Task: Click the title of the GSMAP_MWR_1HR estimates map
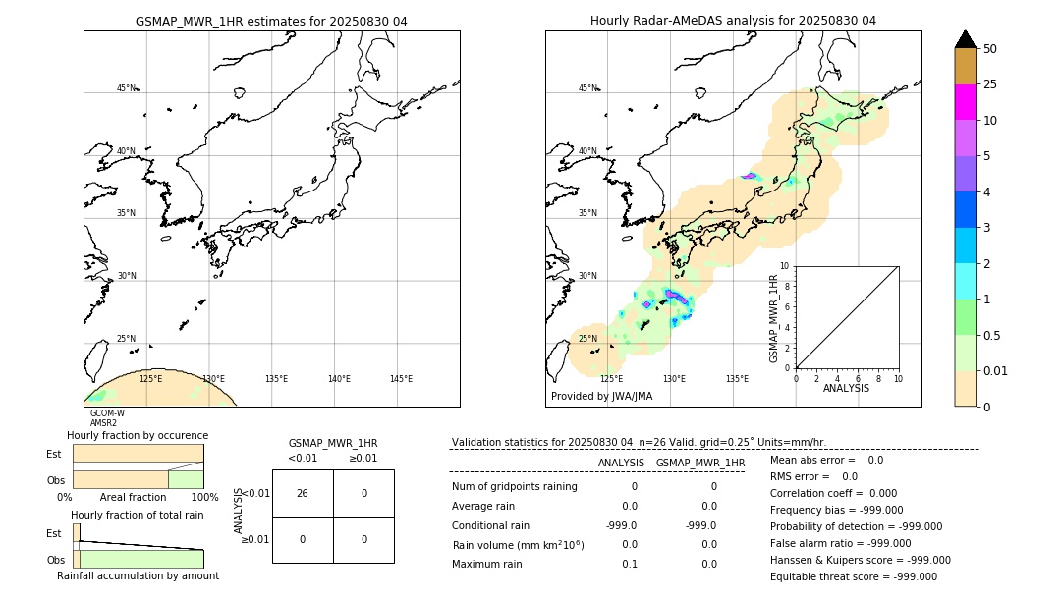271,21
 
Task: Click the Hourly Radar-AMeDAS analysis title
733,21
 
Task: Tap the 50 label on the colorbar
990,49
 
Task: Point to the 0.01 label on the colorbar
996,370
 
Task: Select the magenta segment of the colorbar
965,102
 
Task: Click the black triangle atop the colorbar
965,39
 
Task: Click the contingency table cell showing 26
303,493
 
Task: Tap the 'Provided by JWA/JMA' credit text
601,397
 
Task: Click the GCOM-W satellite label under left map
107,413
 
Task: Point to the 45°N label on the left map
126,88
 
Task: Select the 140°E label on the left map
339,379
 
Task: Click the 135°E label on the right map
737,379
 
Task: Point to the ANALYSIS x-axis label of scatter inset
846,388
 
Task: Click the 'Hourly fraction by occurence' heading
138,435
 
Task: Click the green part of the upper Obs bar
186,479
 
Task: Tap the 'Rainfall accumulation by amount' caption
138,575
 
